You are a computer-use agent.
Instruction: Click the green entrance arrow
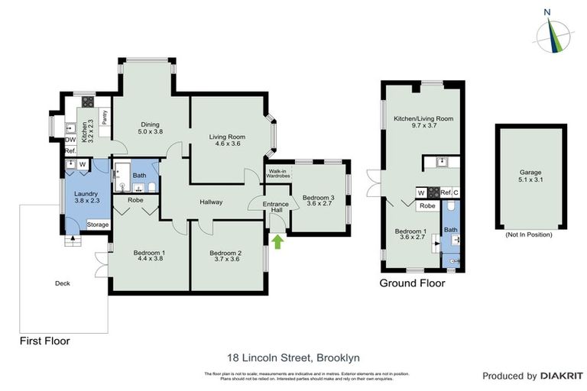pyautogui.click(x=277, y=243)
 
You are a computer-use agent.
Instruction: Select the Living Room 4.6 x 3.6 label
pyautogui.click(x=227, y=141)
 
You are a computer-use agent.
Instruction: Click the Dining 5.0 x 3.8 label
pyautogui.click(x=150, y=127)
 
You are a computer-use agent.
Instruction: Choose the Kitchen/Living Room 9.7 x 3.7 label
pyautogui.click(x=423, y=123)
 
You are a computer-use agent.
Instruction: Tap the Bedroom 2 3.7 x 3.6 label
pyautogui.click(x=227, y=257)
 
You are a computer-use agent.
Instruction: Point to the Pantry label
pyautogui.click(x=104, y=118)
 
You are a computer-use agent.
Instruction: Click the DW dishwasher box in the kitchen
pyautogui.click(x=70, y=140)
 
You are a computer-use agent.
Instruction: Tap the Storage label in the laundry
pyautogui.click(x=98, y=225)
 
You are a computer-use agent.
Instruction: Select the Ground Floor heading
pyautogui.click(x=412, y=283)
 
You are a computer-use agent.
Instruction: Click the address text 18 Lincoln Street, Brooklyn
pyautogui.click(x=293, y=357)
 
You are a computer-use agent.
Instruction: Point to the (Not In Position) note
pyautogui.click(x=528, y=235)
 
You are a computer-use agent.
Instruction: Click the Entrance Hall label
pyautogui.click(x=275, y=208)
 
